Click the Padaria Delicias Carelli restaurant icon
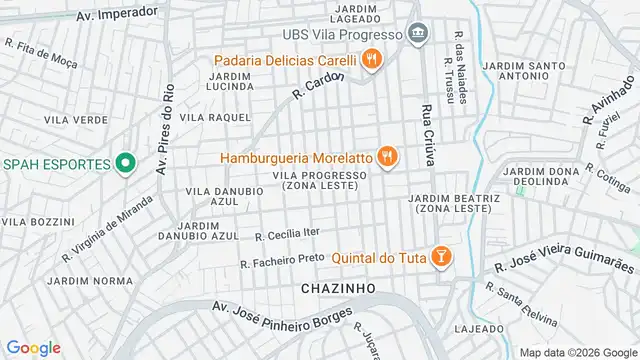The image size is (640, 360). coord(372,59)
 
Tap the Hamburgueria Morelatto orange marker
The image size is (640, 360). coord(388,157)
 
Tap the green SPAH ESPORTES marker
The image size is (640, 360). coord(125,163)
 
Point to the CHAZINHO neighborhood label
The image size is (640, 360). coord(338,287)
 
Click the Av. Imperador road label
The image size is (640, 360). coord(117,13)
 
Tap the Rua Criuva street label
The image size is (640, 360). coord(427,140)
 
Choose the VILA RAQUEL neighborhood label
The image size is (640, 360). coord(215,117)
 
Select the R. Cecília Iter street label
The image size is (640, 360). coord(287,235)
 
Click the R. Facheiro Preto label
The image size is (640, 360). coord(282,260)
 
